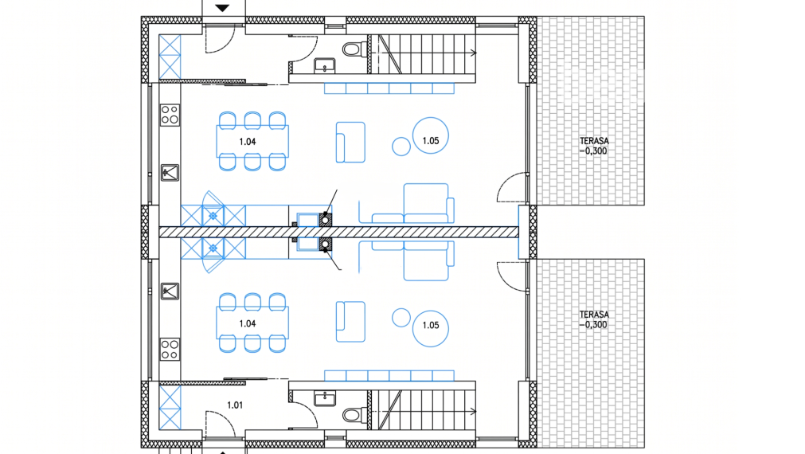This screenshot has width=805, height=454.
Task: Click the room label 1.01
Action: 235,405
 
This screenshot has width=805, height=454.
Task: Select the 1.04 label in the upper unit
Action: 248,142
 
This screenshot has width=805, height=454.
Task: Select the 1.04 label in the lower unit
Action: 248,323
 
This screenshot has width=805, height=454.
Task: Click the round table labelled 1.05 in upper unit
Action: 431,135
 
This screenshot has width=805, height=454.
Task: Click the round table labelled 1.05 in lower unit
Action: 431,329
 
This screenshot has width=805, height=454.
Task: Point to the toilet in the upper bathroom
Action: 355,50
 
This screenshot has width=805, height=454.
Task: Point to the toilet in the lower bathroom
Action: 355,414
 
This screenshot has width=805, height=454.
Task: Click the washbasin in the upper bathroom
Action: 324,65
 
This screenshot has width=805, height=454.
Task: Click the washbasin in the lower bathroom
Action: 324,398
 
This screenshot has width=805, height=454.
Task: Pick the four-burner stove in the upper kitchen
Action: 170,115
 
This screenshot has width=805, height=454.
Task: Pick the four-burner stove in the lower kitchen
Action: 170,349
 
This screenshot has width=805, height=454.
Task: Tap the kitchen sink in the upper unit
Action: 170,173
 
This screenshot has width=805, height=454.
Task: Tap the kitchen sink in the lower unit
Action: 170,292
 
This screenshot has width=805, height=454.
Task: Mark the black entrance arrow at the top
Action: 222,8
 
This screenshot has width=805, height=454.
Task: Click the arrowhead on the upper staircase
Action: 473,53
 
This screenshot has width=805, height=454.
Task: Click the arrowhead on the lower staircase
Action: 473,411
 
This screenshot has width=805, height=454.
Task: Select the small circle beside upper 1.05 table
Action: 401,147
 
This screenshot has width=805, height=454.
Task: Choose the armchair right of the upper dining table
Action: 350,143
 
